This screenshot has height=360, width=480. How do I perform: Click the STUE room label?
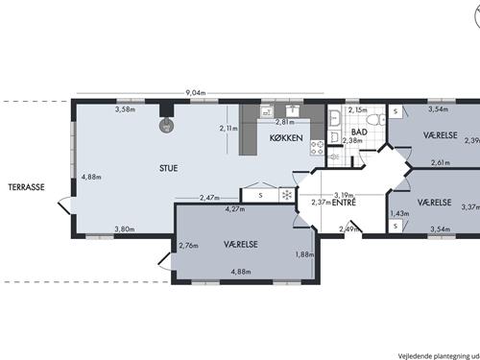[168, 168]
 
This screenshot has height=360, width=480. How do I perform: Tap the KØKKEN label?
[286, 138]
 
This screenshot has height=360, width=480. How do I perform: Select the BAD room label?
[359, 132]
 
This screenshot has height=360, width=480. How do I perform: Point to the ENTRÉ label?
[344, 203]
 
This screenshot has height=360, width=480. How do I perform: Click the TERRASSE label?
[26, 187]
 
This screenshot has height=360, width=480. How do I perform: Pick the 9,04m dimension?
[196, 93]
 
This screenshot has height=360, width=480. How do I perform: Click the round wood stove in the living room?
[166, 125]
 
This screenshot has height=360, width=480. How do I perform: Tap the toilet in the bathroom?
[376, 120]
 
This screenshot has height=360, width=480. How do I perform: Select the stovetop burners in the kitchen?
[317, 148]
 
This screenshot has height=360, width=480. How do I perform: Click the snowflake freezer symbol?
[287, 195]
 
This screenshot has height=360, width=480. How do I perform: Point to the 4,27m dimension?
[235, 209]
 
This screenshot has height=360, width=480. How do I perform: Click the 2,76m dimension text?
[188, 246]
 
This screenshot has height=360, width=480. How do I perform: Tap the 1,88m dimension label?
[304, 254]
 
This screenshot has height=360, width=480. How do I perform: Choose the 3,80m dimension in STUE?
[125, 229]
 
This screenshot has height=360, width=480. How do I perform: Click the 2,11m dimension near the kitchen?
[228, 129]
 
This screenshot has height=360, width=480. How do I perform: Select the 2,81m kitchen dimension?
[285, 122]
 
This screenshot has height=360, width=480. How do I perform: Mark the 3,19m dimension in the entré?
[344, 195]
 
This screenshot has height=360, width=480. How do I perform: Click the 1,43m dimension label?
[399, 213]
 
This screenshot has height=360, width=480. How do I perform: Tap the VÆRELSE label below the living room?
[241, 245]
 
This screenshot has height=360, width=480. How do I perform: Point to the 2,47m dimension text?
[209, 198]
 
